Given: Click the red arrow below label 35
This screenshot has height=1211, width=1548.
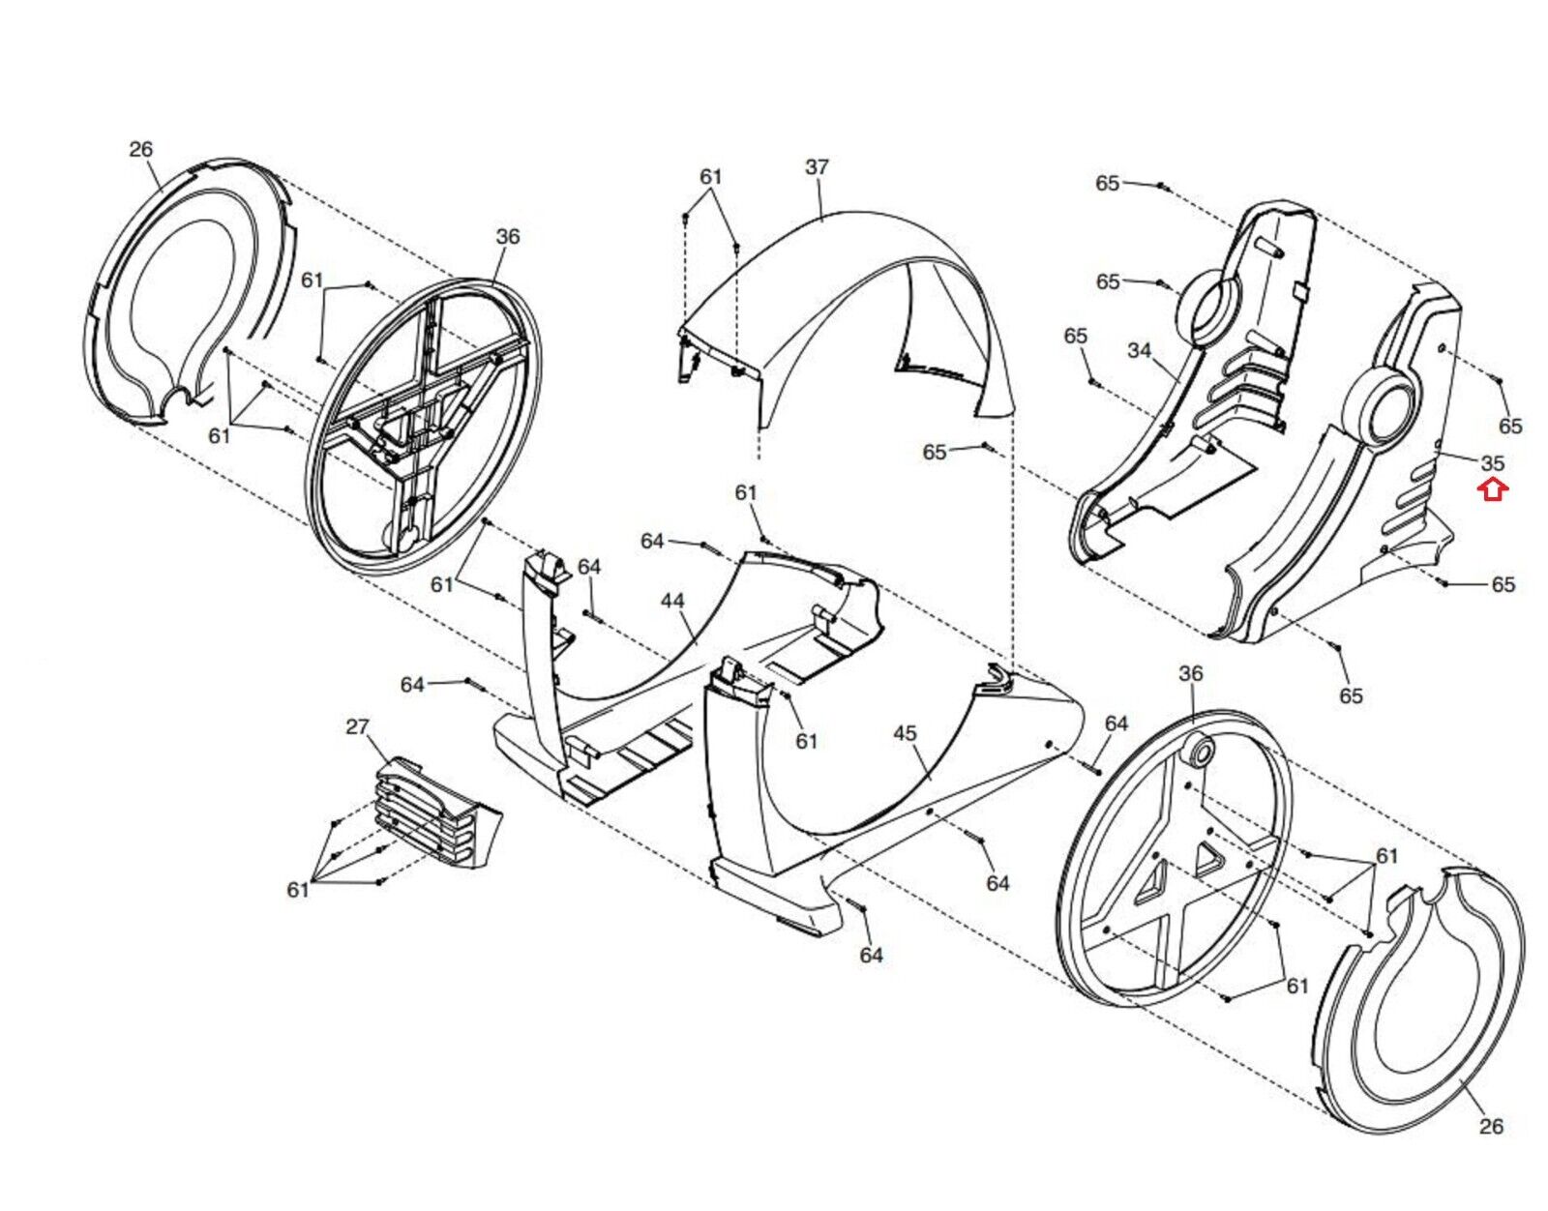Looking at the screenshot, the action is pos(1493,490).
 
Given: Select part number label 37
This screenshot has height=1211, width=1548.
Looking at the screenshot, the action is pos(818,166).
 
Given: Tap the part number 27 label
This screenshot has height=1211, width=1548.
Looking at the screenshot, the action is pos(358,726).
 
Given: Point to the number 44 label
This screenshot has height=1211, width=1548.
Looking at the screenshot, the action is pos(672,601).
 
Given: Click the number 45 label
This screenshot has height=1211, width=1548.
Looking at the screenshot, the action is pos(905,733).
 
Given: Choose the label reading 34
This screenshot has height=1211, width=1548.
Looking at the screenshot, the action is pos(1140,350).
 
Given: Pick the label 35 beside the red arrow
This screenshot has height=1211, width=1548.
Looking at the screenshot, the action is pos(1493,462).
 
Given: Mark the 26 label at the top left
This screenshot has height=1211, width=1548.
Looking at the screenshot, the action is pos(141,149).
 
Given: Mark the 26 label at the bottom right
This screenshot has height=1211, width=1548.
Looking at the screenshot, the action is pos(1490,1146).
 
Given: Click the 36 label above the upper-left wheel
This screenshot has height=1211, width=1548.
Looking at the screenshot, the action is pos(508,236).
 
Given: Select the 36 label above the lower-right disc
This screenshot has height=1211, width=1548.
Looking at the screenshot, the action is pos(1190,673).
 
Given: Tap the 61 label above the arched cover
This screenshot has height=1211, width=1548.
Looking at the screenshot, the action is pos(710,177).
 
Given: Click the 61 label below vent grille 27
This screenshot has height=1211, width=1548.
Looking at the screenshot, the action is pos(298,889).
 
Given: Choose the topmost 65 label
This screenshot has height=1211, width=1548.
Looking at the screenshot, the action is pos(1107,184).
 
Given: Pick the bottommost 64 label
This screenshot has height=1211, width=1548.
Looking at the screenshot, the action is pos(872,956).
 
